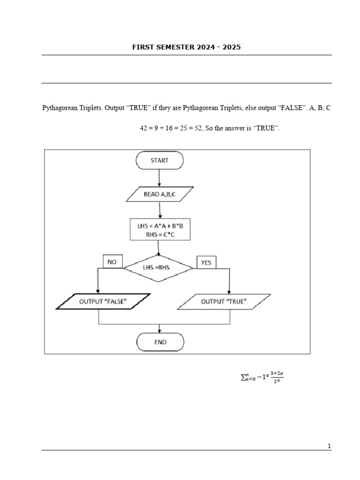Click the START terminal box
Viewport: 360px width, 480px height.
pos(159,160)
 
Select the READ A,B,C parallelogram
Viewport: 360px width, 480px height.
pos(159,194)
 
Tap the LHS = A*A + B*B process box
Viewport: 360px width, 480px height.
pos(160,230)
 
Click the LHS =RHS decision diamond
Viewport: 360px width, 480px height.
pos(158,268)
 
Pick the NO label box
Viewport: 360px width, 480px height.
pos(112,262)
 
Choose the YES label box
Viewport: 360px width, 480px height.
pos(206,263)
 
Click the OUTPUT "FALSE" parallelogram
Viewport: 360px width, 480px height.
pos(103,301)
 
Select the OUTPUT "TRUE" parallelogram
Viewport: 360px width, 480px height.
pos(224,301)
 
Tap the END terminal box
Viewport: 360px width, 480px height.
pos(160,342)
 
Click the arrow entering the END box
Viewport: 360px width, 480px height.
pos(160,329)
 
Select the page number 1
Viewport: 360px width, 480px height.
pos(330,446)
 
